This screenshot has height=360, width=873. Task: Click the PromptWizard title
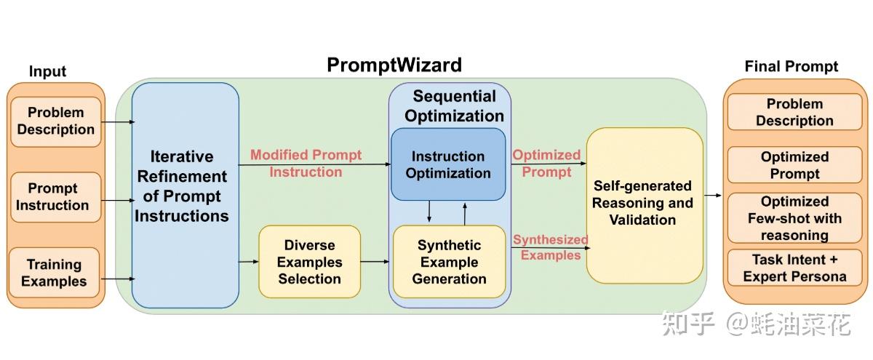pos(394,65)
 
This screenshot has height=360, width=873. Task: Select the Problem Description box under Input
pos(56,121)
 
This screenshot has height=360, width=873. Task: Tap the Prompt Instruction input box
pos(52,197)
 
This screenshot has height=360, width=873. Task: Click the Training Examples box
pos(54,273)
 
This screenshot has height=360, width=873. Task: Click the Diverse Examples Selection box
pos(309,262)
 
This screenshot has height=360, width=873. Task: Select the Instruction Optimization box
pos(448,164)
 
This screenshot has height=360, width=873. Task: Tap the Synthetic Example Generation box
pos(449,262)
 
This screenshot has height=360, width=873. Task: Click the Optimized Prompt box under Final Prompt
pos(794,165)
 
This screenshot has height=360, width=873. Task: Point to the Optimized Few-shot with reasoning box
pos(794,218)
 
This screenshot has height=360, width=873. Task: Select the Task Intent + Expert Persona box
pos(794,268)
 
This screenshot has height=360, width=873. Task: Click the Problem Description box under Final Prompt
pos(794,113)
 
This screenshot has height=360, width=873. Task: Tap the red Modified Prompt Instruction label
pos(306,164)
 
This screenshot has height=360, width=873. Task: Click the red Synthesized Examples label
pos(551,247)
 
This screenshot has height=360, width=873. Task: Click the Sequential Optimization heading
pos(454,106)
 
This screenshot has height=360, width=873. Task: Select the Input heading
pos(47,71)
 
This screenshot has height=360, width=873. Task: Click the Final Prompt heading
pos(791,67)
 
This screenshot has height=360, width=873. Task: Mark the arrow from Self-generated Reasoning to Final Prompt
pos(713,195)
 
